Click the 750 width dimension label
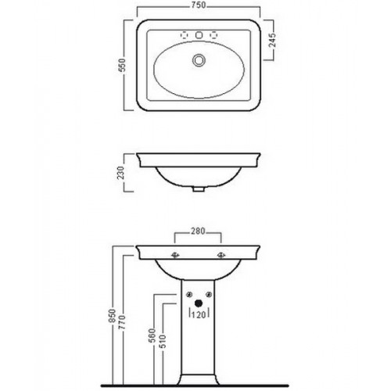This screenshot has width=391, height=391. (x=199, y=5)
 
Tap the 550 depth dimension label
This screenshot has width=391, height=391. (x=122, y=65)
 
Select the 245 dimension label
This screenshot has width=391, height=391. (x=272, y=40)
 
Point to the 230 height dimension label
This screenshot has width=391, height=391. (x=121, y=173)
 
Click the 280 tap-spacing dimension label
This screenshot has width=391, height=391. (x=198, y=231)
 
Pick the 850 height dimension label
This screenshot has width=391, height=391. (x=112, y=316)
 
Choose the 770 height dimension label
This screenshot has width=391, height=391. (x=122, y=322)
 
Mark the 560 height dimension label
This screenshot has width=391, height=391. (x=152, y=335)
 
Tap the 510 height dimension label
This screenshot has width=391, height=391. (x=163, y=342)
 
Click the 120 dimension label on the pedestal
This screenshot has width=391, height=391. (x=199, y=315)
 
